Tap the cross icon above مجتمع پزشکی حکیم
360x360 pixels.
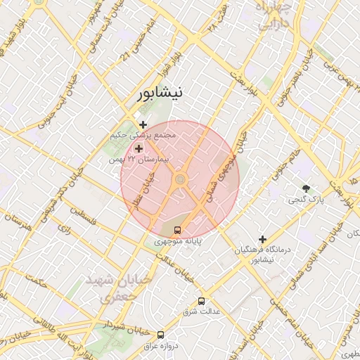143,124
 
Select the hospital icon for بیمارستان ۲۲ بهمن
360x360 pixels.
139,149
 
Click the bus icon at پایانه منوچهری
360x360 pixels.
177,229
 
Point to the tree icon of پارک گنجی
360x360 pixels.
306,188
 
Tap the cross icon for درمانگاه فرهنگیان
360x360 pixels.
262,239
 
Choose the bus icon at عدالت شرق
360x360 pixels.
202,300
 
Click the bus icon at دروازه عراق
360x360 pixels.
160,335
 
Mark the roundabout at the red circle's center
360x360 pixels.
180,180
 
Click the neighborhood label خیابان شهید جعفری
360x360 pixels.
118,288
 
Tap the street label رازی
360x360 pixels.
64,229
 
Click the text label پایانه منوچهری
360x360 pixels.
179,241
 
